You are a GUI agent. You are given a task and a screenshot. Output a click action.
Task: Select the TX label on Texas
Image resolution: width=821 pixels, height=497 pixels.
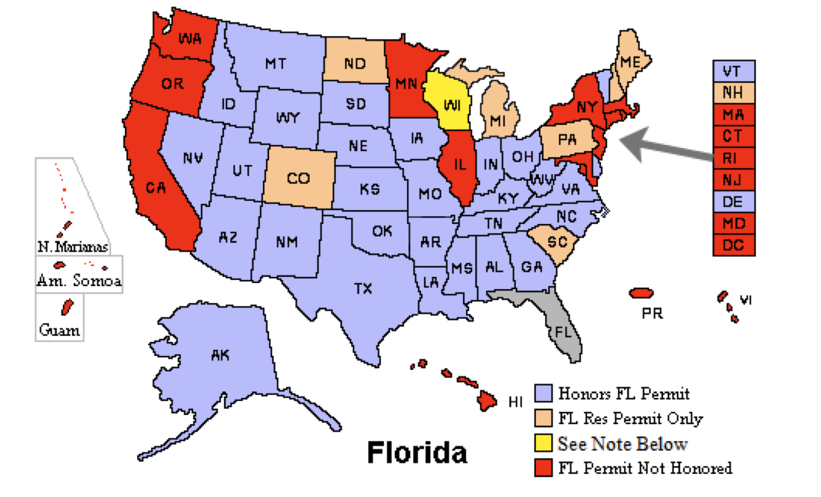[363, 288]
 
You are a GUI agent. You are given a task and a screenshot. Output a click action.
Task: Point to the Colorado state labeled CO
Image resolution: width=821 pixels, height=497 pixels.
[298, 179]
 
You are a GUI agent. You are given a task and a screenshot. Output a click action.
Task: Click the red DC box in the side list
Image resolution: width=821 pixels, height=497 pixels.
[734, 245]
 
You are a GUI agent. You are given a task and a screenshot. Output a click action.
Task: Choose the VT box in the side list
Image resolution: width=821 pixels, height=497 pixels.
[734, 71]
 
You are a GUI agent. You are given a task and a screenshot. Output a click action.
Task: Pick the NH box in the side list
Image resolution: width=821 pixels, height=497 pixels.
[734, 93]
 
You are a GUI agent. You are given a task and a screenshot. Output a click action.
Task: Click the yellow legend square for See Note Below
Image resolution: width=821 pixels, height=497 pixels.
[544, 443]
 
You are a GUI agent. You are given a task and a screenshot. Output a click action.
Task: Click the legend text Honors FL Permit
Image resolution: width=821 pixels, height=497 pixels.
[624, 394]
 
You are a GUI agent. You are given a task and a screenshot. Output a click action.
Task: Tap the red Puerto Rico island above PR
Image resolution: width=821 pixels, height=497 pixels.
[641, 294]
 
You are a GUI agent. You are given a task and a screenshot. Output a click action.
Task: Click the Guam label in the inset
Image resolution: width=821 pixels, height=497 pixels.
[58, 331]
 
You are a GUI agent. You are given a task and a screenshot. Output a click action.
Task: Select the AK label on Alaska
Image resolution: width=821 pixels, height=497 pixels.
[220, 355]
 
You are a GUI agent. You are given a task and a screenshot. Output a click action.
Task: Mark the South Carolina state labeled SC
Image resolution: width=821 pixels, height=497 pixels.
[557, 242]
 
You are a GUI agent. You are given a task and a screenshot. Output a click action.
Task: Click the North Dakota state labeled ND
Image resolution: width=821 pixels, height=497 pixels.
[354, 64]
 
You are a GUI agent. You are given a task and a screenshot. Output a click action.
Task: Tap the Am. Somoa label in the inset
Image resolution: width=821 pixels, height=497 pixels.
[79, 281]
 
